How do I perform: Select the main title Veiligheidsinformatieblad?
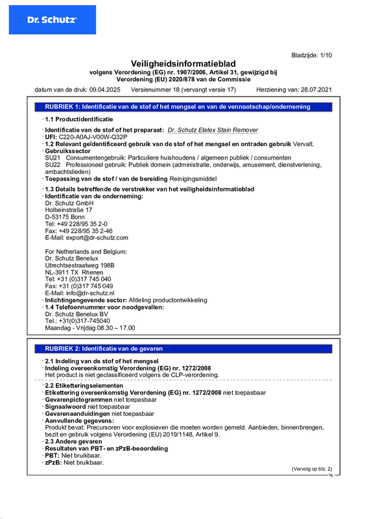click(x=183, y=64)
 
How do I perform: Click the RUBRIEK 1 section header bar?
click(x=183, y=106)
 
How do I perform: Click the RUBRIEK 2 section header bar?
click(x=183, y=348)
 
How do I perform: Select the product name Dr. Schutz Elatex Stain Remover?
click(x=212, y=130)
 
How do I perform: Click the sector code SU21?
click(x=53, y=158)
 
